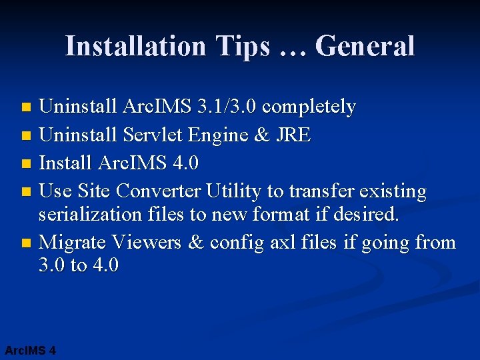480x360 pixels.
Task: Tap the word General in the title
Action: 365,47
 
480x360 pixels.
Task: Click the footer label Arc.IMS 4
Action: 30,350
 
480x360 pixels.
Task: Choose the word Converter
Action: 158,192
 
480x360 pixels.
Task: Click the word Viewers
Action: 146,243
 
